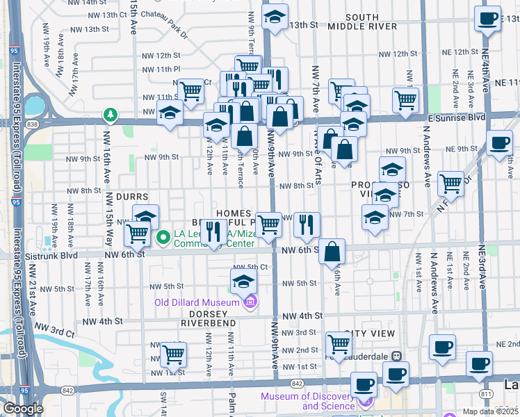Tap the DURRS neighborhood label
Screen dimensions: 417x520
pyautogui.click(x=132, y=197)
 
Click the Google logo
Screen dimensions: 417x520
pyautogui.click(x=23, y=409)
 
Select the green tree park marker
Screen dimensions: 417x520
pyautogui.click(x=109, y=113)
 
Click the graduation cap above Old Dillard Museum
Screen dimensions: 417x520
pyautogui.click(x=243, y=281)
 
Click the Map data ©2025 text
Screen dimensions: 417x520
pyautogui.click(x=490, y=411)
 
